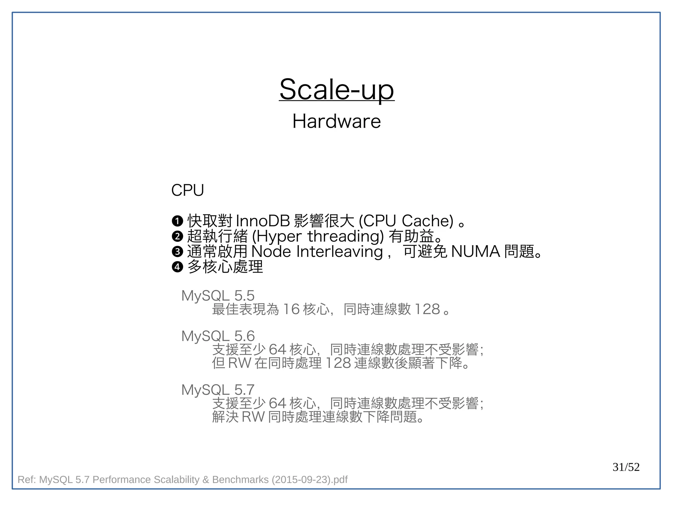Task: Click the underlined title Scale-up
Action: point(336,89)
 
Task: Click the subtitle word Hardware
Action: point(336,121)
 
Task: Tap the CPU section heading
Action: point(188,190)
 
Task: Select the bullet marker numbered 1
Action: point(177,221)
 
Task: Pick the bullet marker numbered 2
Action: point(177,236)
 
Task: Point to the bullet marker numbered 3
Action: point(177,252)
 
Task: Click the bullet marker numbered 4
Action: point(177,267)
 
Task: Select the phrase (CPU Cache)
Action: point(406,221)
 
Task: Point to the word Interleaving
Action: point(340,252)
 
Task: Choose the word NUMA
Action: point(475,252)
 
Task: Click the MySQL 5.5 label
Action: point(218,296)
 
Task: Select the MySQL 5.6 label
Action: point(218,336)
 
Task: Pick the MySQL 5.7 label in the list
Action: point(218,390)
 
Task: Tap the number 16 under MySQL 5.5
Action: point(291,309)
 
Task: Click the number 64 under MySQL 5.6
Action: point(277,349)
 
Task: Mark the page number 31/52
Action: point(626,467)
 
